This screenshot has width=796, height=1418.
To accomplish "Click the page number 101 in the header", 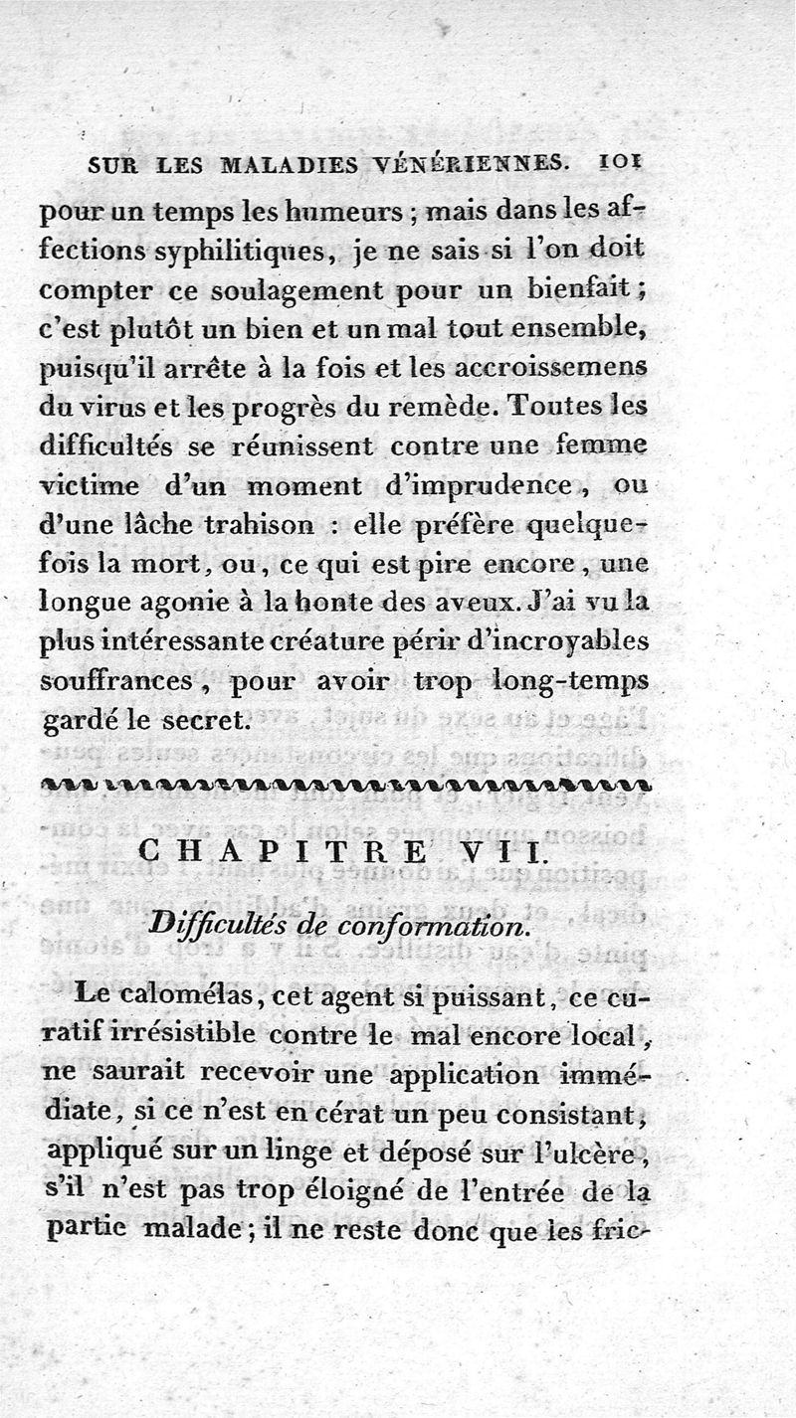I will point(622,161).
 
